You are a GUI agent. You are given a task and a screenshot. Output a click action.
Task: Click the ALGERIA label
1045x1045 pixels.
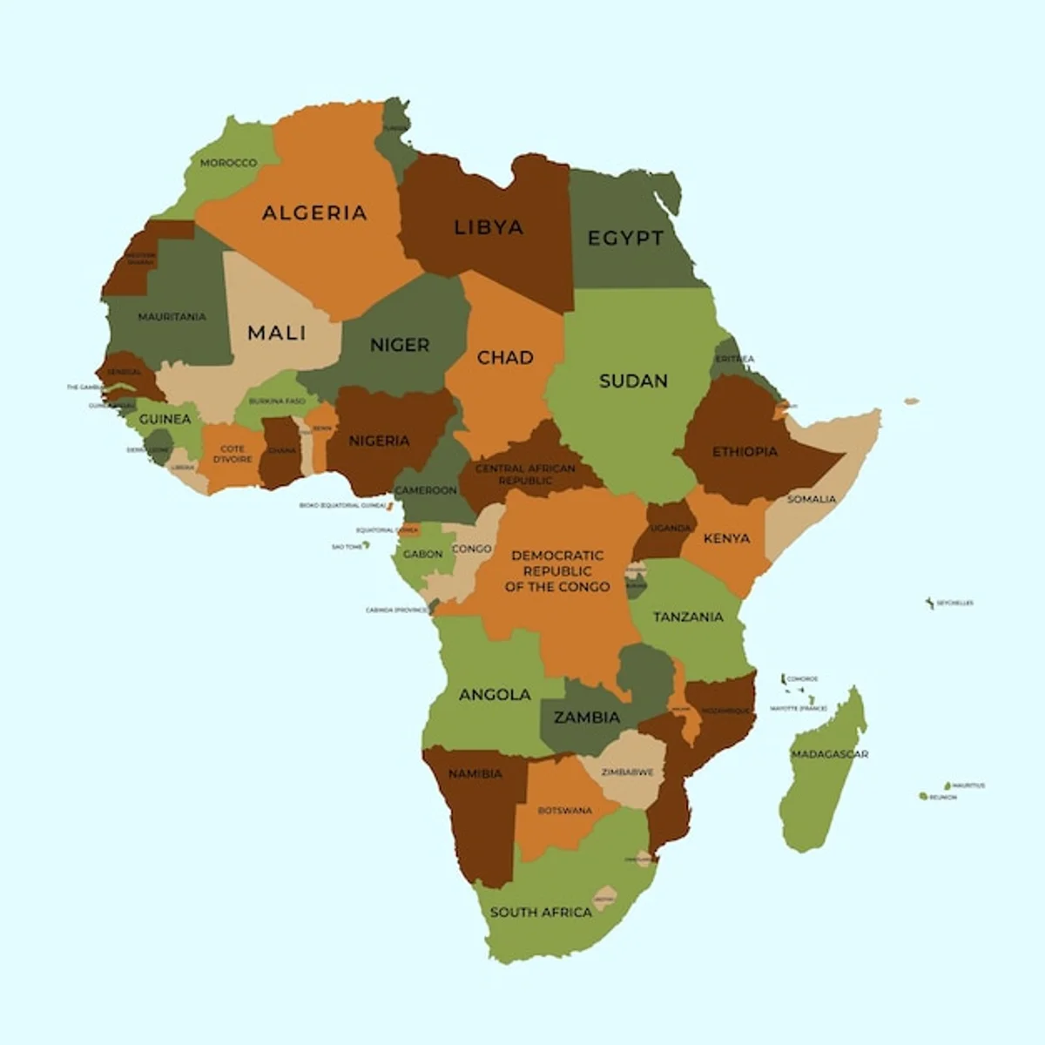[x=314, y=212]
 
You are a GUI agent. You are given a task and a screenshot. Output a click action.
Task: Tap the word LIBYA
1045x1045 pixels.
[x=489, y=227]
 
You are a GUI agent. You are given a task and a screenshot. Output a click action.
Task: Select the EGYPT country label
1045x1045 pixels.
[x=625, y=238]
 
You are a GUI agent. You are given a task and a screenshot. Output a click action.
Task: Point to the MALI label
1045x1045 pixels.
[x=277, y=333]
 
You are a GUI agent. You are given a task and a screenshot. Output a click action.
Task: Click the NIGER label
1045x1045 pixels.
[x=400, y=345]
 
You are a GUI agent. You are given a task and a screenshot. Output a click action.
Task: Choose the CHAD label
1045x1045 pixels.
[x=505, y=357]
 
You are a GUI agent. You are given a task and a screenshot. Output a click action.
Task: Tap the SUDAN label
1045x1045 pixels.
[x=633, y=381]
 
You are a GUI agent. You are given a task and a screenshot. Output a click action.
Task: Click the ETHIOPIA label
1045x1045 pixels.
[x=745, y=451]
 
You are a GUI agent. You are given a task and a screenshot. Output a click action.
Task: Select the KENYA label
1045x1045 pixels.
[x=726, y=538]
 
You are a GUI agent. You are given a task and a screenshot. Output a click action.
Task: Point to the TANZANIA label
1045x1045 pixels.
[x=688, y=617]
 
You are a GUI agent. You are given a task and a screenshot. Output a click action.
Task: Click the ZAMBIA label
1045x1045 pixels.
[x=587, y=718]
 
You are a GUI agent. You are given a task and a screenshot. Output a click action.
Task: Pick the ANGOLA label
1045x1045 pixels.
[x=495, y=694]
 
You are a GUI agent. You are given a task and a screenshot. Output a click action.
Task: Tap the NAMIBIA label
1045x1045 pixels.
[x=475, y=773]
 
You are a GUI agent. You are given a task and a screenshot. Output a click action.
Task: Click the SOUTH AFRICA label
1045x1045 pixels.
[x=541, y=912]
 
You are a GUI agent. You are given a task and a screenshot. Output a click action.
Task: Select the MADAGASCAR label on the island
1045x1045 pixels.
[x=829, y=754]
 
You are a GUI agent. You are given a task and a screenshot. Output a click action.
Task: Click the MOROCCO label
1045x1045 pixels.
[x=228, y=163]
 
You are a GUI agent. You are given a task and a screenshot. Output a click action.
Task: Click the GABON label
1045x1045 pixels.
[x=422, y=554]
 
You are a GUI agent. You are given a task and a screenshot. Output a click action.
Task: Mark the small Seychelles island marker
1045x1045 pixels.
[x=930, y=603]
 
